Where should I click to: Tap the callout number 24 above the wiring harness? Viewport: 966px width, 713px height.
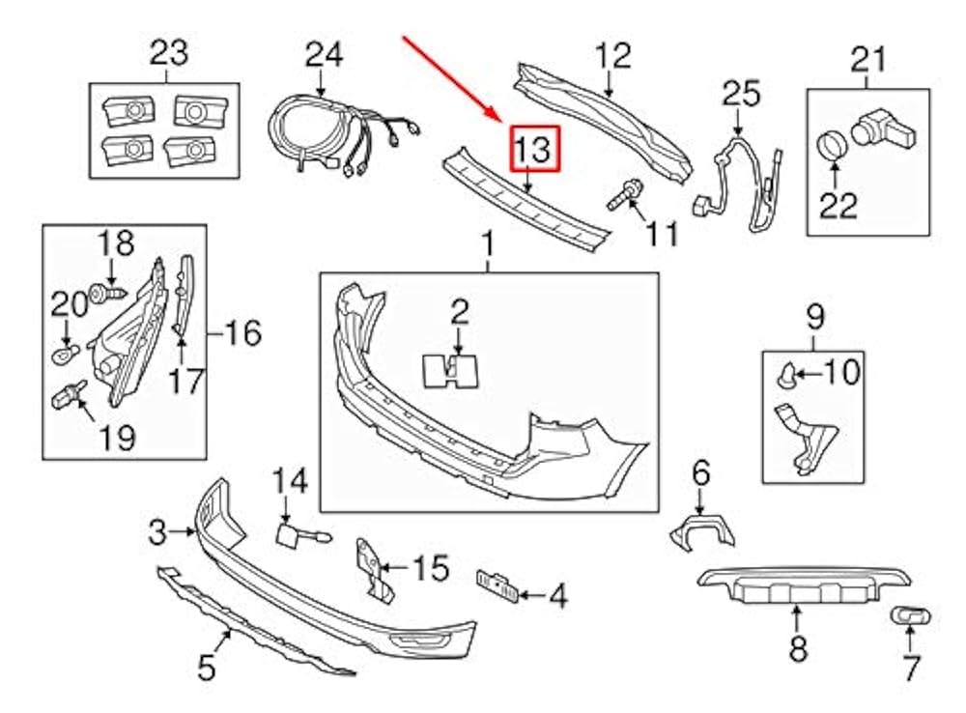coord(324,54)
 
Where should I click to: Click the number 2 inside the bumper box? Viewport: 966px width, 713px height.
coord(460,311)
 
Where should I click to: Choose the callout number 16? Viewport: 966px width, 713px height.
coord(242,334)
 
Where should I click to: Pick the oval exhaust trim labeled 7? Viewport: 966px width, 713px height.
coord(907,615)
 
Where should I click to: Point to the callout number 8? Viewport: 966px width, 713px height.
coord(797,649)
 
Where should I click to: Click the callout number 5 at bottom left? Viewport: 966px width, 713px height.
coord(207,666)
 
